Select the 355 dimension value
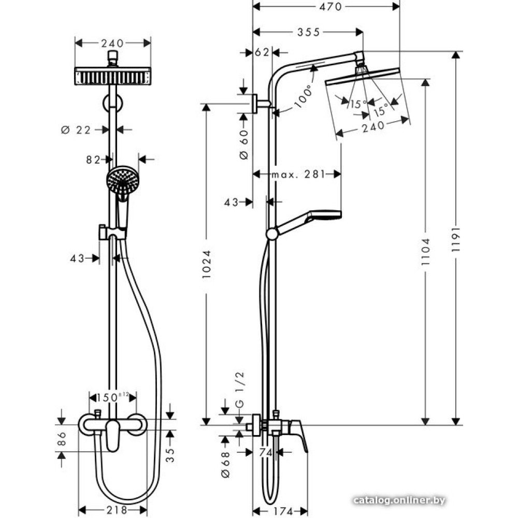coord(308,32)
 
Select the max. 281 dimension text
coord(296,175)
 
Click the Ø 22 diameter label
coord(76,129)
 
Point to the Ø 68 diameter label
coord(225,465)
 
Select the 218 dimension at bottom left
coord(113,510)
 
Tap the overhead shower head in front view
coord(113,76)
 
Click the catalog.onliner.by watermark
coord(399,500)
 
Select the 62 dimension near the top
coord(263,52)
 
